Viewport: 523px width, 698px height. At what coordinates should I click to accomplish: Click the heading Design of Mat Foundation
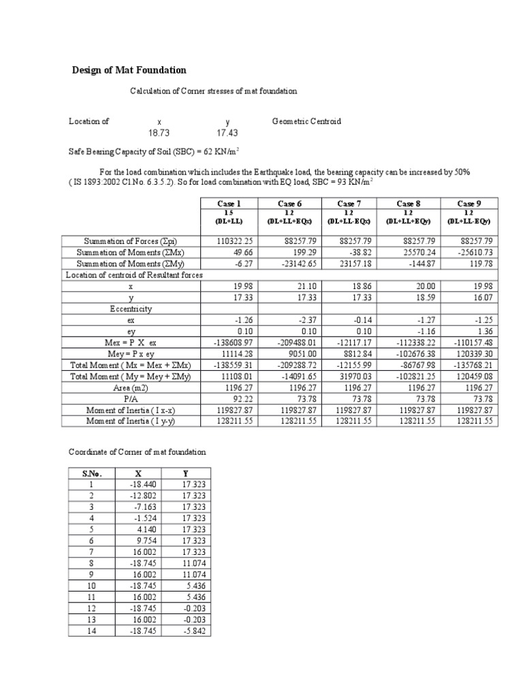click(129, 70)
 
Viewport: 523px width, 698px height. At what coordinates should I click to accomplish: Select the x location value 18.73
click(159, 133)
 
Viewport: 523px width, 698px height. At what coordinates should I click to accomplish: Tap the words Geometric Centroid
click(306, 121)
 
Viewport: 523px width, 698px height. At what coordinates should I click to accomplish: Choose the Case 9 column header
click(469, 203)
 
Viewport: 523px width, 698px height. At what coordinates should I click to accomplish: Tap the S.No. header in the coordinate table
click(91, 472)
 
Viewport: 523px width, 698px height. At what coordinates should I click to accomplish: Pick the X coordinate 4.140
click(147, 529)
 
